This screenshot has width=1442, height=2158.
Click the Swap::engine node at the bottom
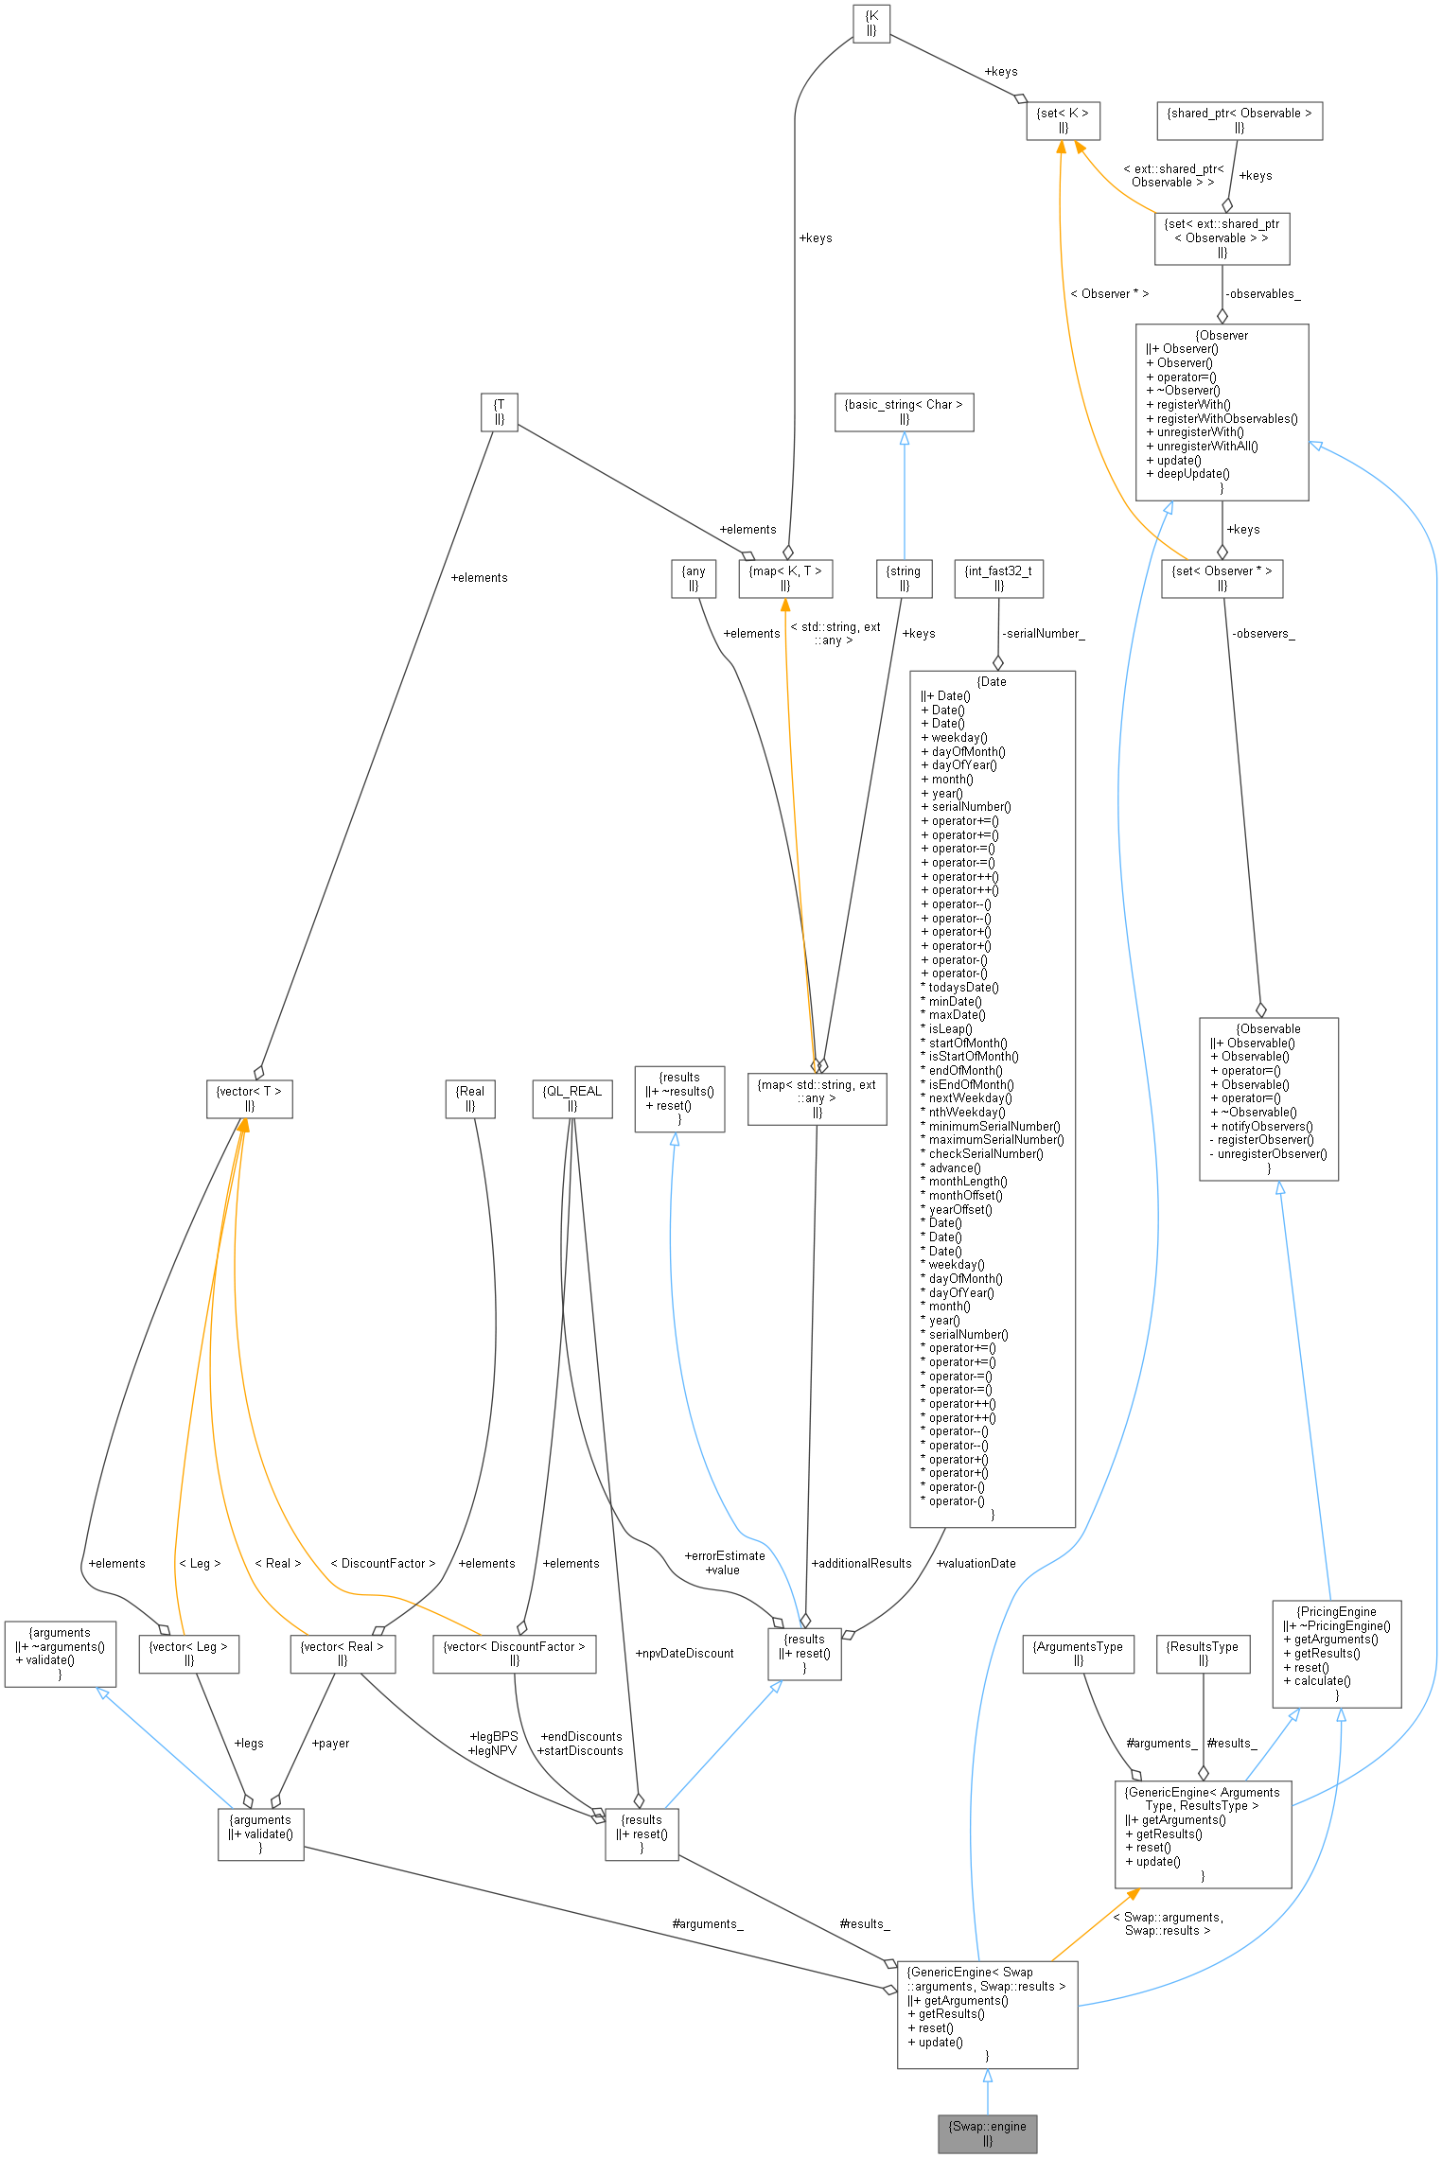coord(987,2133)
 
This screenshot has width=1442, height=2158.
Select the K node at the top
coord(871,23)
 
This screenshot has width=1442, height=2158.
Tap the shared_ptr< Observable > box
coord(1239,120)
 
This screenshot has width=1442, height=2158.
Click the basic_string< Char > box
coord(904,412)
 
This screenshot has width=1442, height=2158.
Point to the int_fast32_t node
coord(998,578)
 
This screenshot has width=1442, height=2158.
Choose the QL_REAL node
coord(572,1098)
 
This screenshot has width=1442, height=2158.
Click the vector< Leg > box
coord(188,1654)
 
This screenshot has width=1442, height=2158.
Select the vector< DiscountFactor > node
coord(514,1654)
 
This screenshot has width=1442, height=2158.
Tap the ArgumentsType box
coord(1078,1654)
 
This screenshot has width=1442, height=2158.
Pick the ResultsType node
coord(1203,1654)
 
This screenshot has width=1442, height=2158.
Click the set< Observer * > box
coord(1222,578)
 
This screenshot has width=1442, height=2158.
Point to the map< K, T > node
coord(785,578)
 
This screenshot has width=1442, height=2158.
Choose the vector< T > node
coord(249,1098)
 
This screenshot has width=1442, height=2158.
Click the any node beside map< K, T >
coord(694,578)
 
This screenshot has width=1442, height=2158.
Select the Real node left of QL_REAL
coord(470,1098)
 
